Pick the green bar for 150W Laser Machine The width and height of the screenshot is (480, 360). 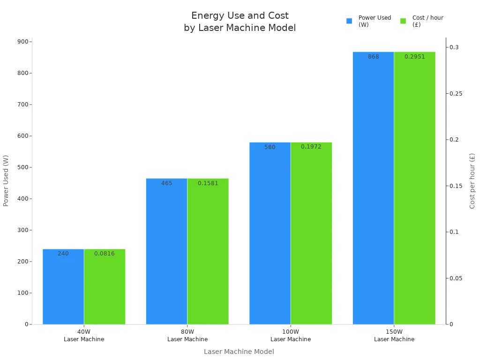point(414,188)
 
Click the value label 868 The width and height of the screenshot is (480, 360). point(373,57)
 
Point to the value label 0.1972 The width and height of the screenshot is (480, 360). point(311,147)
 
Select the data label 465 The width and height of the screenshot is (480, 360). point(167,183)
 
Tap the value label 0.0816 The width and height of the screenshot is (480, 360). point(105,254)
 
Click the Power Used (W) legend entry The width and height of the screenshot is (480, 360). point(369,21)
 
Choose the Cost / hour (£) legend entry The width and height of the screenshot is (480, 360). point(422,21)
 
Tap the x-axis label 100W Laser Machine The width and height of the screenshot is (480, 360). point(291,336)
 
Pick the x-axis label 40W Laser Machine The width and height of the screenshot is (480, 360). point(84,336)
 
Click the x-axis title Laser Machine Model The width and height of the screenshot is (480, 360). point(239,352)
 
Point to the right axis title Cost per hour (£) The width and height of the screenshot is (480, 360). point(472,181)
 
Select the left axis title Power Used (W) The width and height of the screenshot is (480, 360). point(6,181)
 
